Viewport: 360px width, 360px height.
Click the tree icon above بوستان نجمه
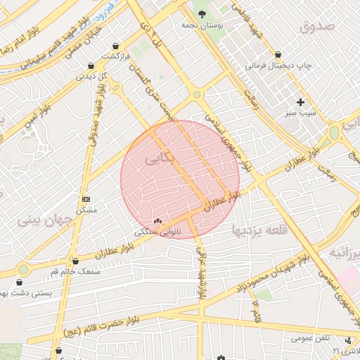pos(203,13)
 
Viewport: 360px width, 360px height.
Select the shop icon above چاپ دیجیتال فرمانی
pos(278,54)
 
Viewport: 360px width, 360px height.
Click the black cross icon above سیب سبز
pos(301,102)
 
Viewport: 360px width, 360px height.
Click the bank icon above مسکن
pos(86,200)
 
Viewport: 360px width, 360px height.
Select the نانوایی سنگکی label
pos(158,231)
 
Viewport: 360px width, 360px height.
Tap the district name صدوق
pos(316,27)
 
